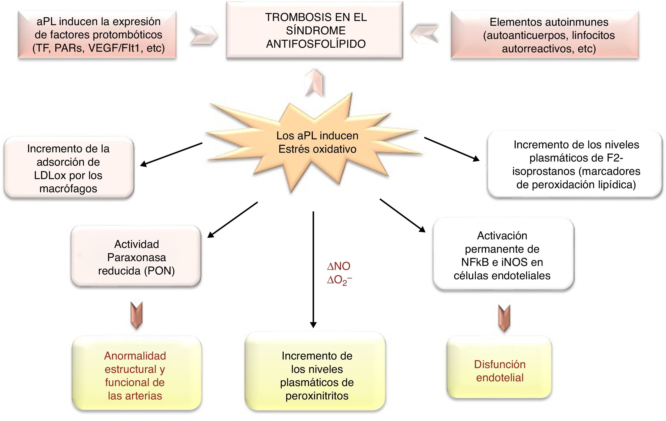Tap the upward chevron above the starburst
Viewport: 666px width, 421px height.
tap(314, 83)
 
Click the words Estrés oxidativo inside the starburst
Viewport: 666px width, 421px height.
tap(317, 149)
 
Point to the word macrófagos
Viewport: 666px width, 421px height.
tap(68, 189)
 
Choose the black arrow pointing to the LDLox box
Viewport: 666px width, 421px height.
tap(171, 155)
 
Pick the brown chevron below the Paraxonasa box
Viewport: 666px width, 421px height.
tap(136, 315)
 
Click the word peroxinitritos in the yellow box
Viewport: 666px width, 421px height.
tap(317, 396)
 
